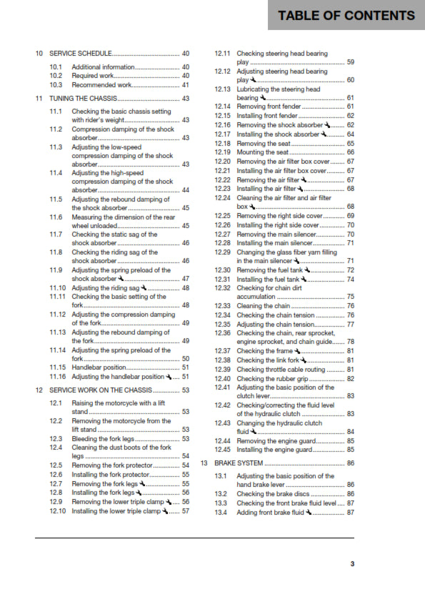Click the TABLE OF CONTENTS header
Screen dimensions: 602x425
pyautogui.click(x=346, y=15)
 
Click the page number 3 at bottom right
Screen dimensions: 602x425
pyautogui.click(x=352, y=564)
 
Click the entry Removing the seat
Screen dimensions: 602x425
pyautogui.click(x=264, y=143)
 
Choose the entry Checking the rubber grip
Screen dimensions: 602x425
pyautogui.click(x=271, y=378)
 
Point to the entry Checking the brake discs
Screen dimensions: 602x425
pyautogui.click(x=272, y=493)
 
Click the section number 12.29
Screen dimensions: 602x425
pyautogui.click(x=223, y=252)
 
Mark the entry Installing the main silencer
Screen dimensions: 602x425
pyautogui.click(x=275, y=242)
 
